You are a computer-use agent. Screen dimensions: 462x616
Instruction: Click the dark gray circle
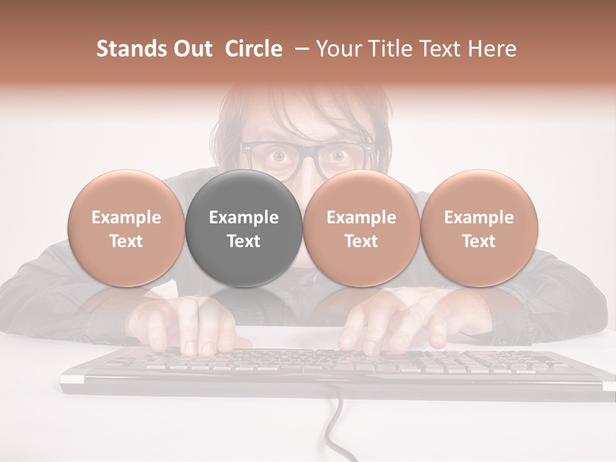tap(244, 228)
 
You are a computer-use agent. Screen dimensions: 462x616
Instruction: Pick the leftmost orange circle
tap(126, 228)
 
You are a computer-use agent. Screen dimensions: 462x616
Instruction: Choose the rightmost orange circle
tap(479, 228)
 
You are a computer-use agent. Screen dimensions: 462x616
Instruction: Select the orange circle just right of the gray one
tap(361, 228)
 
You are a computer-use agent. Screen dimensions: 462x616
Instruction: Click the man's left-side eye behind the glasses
tap(278, 155)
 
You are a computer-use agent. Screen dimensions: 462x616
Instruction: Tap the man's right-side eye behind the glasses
tap(337, 155)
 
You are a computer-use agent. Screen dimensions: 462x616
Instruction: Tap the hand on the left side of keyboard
tap(193, 324)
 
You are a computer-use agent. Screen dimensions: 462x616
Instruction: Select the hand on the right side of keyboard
tap(391, 324)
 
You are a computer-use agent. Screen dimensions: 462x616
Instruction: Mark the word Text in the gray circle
tap(244, 241)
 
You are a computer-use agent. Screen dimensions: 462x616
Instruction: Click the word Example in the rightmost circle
tap(479, 218)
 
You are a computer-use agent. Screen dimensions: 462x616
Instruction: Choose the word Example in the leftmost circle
tap(126, 218)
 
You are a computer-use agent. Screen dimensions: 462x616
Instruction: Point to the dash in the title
tap(299, 49)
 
